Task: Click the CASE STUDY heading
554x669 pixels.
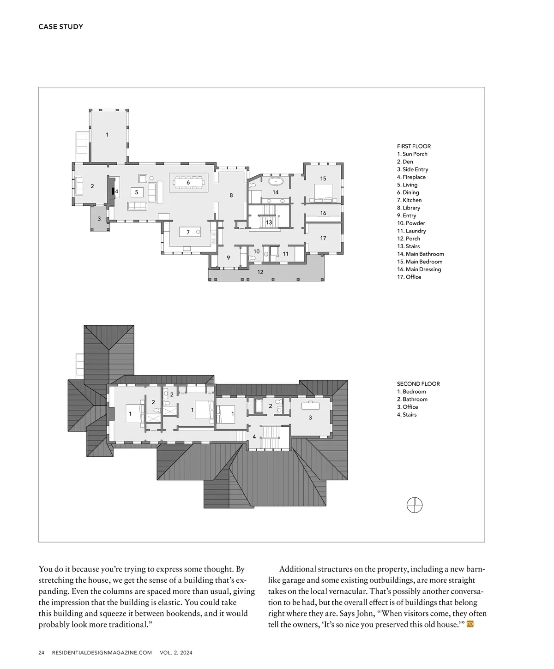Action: pos(60,27)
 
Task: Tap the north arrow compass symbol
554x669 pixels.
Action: pos(414,505)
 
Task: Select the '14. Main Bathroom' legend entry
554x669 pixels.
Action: pos(421,254)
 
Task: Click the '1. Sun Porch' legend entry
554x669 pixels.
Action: pos(412,154)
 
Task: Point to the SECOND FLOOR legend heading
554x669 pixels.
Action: pos(418,383)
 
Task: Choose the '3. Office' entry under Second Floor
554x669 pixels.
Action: pos(408,406)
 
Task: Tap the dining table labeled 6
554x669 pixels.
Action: pos(188,183)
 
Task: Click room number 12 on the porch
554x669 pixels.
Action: pos(260,272)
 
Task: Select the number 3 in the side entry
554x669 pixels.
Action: pos(99,219)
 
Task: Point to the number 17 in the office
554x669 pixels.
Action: pos(323,238)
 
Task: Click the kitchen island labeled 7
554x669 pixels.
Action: pos(190,232)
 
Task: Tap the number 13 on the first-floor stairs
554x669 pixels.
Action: pos(269,222)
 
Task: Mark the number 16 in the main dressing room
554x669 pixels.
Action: pos(323,213)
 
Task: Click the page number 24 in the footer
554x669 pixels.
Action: pos(42,652)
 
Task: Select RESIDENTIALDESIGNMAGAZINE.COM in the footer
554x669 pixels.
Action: pos(102,652)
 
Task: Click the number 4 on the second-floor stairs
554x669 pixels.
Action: pos(254,436)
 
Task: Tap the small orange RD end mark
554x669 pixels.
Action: pos(470,624)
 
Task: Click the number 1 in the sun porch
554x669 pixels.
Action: pos(107,135)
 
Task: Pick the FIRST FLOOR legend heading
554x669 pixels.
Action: pos(414,146)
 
